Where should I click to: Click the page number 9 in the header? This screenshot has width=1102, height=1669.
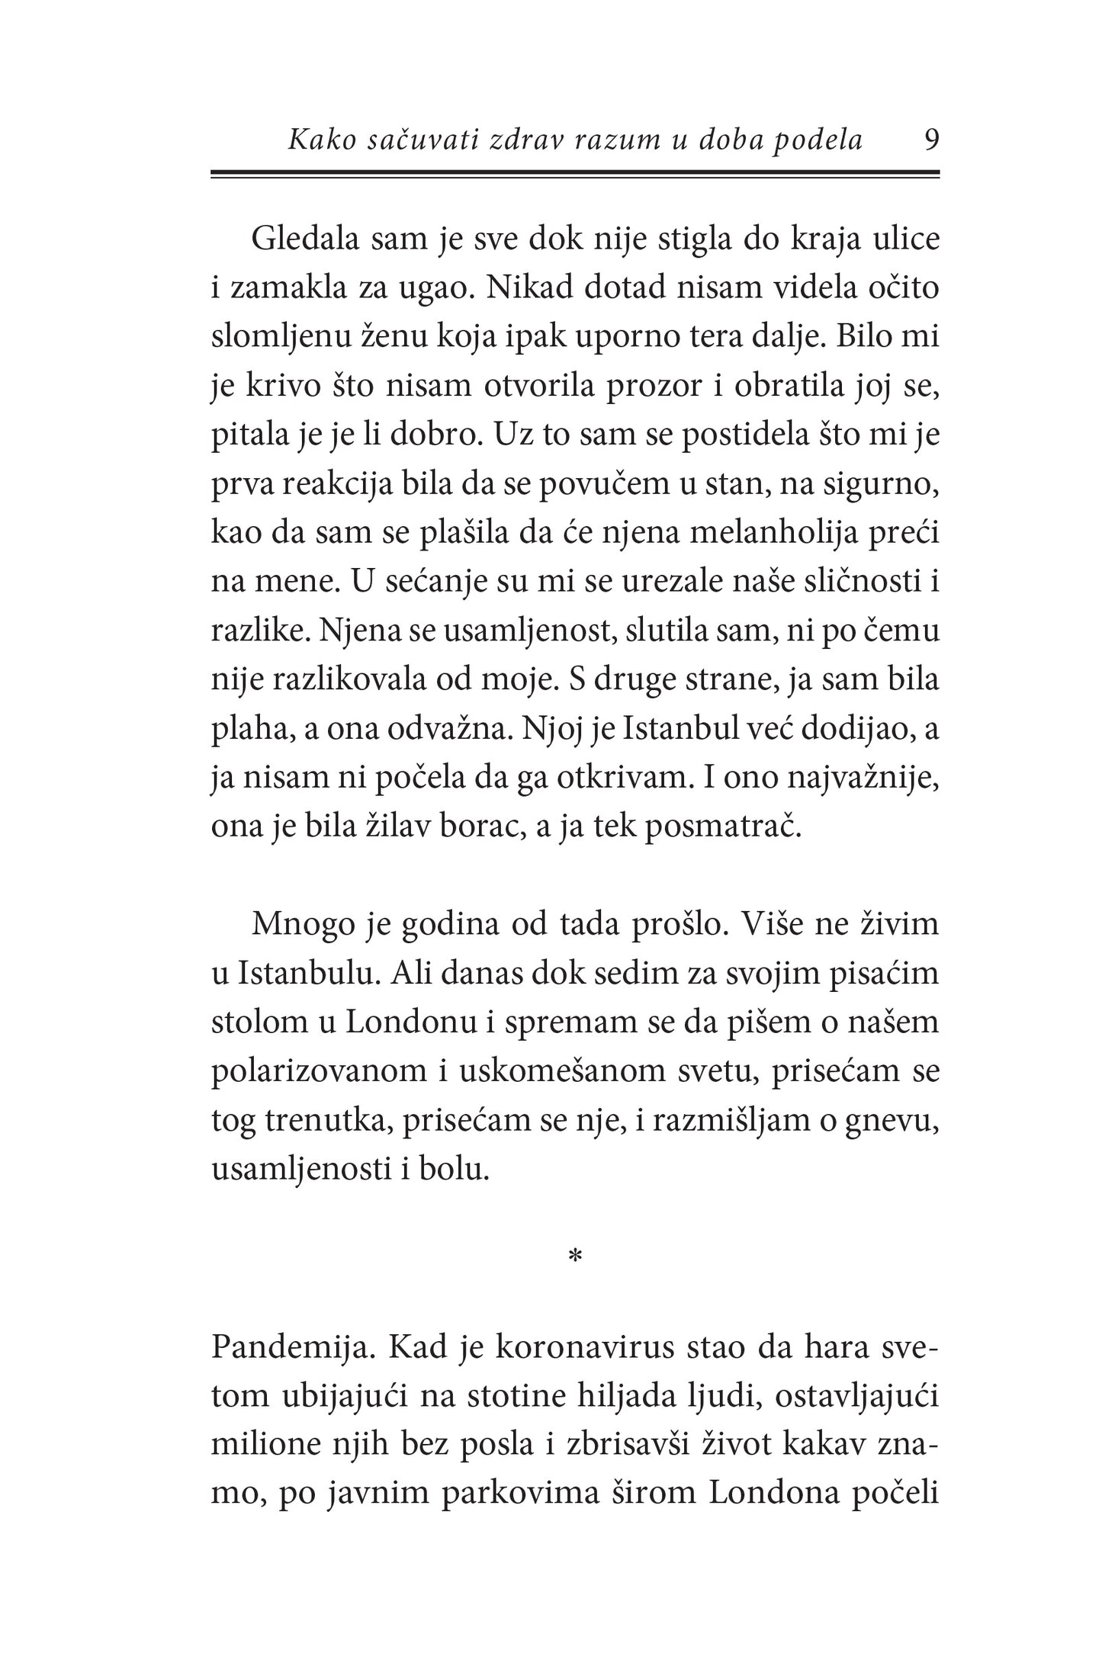[x=931, y=140]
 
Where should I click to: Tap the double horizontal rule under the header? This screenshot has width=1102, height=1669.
[x=574, y=175]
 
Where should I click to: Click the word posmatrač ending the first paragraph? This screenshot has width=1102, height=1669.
[x=723, y=828]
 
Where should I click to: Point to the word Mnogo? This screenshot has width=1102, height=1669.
[x=294, y=925]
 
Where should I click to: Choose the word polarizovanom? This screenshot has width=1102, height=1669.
[x=319, y=1071]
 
